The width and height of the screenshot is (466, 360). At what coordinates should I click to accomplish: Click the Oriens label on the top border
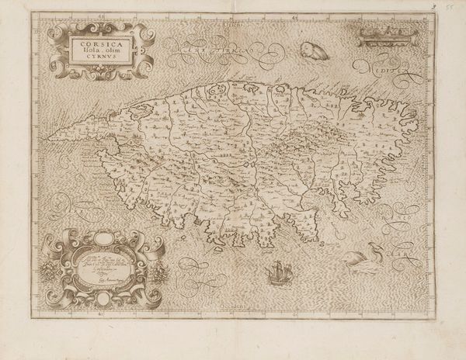tap(234, 25)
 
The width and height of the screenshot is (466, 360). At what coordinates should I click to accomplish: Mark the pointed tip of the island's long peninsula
tap(50, 141)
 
